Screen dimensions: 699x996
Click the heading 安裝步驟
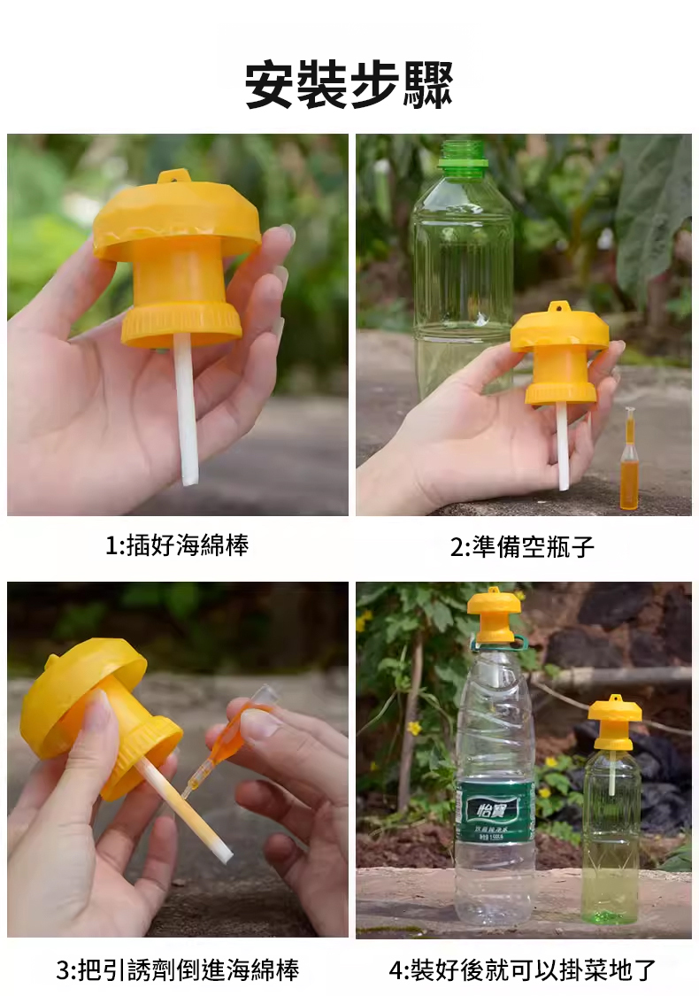349,84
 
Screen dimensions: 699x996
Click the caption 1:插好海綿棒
176,545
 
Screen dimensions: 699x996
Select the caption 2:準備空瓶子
523,546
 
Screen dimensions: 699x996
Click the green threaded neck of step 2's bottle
463,155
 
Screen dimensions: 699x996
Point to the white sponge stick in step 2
563,447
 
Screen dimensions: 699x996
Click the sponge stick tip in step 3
225,856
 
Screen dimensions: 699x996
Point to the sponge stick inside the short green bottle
611,771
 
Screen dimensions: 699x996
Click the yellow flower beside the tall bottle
414,728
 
